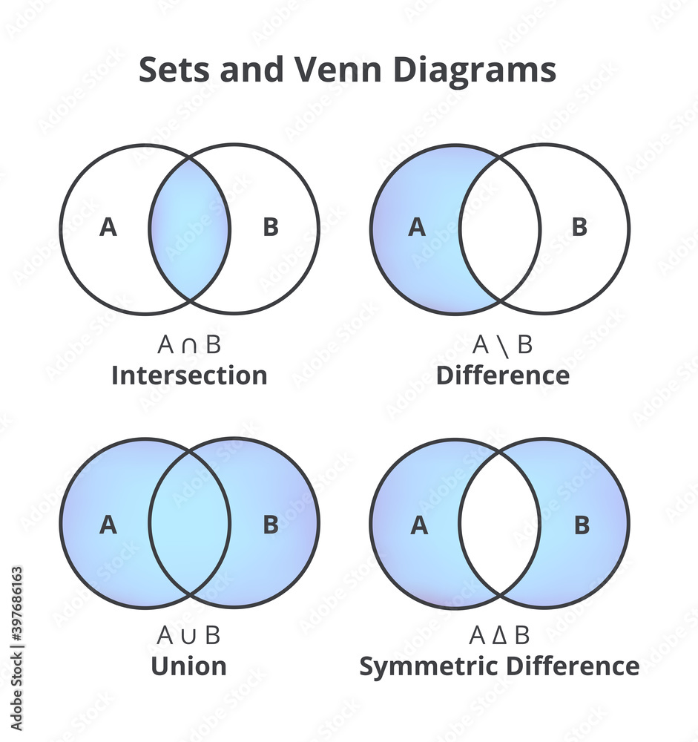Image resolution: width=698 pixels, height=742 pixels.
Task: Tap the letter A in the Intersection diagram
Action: pos(108,228)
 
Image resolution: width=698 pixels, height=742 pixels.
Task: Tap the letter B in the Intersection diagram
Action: pos(271,228)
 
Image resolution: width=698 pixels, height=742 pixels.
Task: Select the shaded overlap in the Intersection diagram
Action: pos(190,228)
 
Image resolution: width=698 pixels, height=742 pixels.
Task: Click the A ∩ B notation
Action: pos(189,345)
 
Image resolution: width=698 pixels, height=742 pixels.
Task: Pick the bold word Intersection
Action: pos(189,375)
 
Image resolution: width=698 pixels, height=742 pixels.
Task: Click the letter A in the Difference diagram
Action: pos(418,228)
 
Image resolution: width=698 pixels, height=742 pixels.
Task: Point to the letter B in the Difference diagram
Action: pos(579,228)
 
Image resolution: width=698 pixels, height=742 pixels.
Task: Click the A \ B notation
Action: pos(502,345)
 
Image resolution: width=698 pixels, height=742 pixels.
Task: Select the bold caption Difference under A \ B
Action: pos(502,375)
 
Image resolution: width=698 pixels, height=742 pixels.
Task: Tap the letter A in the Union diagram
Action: pos(108,525)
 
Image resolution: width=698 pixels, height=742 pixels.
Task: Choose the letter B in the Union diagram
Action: pos(271,525)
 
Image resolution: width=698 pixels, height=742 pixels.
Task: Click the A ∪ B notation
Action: pos(189,636)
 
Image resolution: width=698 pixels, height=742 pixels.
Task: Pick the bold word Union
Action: pos(188,666)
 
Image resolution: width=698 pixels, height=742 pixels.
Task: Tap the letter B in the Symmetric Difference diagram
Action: pos(582,525)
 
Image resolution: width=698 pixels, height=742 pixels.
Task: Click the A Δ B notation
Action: pos(499,636)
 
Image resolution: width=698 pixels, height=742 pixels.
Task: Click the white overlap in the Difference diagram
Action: pos(499,228)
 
